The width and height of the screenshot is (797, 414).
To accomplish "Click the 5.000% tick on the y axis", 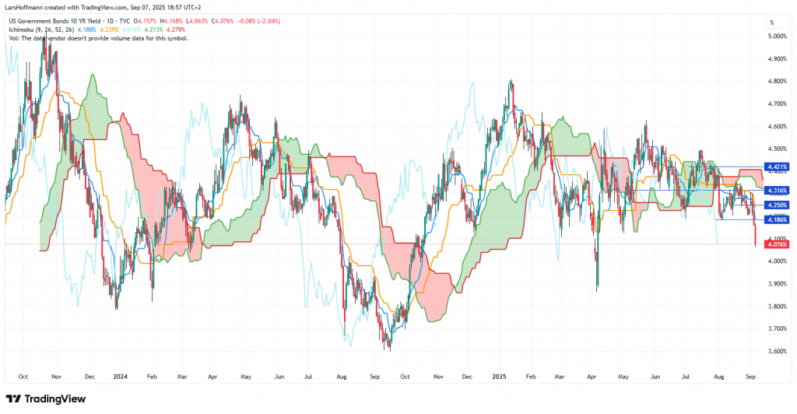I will [777, 36].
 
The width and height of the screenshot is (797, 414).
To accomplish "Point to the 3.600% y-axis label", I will [777, 352].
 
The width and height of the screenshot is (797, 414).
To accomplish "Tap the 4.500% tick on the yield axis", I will [777, 149].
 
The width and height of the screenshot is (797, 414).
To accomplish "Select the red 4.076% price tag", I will [778, 244].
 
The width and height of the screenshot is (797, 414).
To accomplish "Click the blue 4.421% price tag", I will [778, 167].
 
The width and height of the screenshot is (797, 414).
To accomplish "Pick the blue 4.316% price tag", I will [778, 190].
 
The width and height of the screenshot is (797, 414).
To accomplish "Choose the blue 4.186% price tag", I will [778, 219].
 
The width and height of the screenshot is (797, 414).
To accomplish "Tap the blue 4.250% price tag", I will [778, 205].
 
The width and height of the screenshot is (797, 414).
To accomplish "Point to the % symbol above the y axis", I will [772, 22].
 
